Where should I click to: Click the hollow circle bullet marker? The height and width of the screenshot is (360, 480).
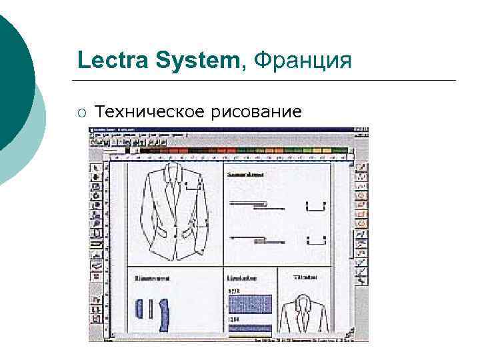click(81, 111)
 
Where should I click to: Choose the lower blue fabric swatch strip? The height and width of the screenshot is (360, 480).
click(249, 327)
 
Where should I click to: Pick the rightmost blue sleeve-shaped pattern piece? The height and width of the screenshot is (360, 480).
click(164, 315)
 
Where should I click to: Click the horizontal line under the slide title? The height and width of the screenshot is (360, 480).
click(267, 81)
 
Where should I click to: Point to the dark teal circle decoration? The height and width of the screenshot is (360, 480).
click(13, 80)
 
